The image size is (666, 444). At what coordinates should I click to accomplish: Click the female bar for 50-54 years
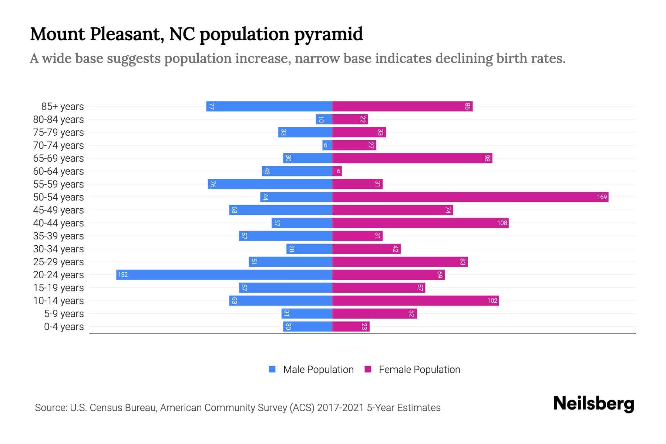click(470, 197)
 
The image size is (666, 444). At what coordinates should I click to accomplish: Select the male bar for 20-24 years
click(224, 275)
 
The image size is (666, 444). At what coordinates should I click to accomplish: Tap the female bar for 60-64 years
click(337, 171)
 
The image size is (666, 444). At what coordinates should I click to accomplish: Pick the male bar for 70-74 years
click(327, 145)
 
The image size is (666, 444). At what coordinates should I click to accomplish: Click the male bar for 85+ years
click(269, 107)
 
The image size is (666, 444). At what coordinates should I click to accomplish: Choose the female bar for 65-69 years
click(412, 158)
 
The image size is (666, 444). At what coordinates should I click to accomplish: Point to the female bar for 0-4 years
click(350, 327)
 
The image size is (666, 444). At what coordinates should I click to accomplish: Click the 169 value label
click(602, 197)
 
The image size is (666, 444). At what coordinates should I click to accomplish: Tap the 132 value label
click(123, 275)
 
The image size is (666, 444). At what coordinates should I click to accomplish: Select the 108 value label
click(502, 223)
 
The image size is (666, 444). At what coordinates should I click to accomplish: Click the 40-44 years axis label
click(58, 223)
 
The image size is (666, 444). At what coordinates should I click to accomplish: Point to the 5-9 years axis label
click(64, 314)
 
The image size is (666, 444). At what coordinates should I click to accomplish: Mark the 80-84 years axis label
click(58, 120)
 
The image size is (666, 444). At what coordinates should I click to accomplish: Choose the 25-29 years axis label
click(58, 262)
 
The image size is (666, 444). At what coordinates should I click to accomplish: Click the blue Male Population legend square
click(272, 369)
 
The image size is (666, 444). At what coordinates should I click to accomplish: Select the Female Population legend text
click(419, 370)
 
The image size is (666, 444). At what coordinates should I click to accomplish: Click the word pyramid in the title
click(329, 34)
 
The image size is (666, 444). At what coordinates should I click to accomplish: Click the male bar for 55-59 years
click(270, 184)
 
